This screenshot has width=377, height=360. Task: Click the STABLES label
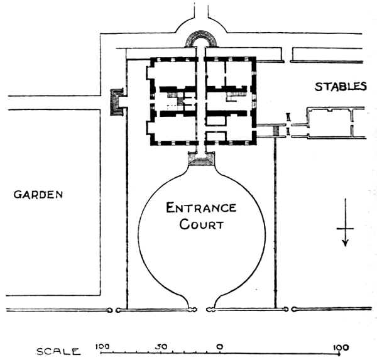341,87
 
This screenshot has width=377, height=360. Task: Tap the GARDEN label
38,195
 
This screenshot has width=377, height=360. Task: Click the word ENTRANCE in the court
201,208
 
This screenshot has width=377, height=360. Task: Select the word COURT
202,224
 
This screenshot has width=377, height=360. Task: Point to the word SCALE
58,352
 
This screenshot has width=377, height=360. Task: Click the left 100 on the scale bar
102,347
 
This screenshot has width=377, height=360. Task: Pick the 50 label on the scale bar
161,347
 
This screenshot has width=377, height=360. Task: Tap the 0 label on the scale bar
219,347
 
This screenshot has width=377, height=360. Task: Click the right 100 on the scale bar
341,347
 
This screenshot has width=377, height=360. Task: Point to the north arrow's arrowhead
346,243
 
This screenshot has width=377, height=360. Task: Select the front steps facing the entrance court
201,159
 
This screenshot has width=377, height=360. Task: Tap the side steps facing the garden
115,102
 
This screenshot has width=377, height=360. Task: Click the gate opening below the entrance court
202,310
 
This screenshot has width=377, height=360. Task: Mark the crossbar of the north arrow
345,229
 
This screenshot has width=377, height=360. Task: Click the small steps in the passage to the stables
276,131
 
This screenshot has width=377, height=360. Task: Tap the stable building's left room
330,124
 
